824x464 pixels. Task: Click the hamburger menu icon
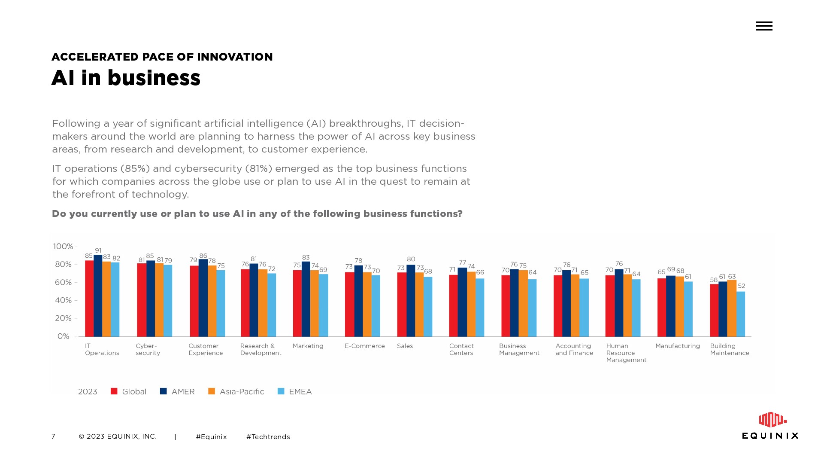764,26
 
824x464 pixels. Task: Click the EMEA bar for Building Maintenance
741,314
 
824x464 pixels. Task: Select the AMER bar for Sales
411,300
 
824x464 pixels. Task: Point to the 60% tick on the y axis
76,282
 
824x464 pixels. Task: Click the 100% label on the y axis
63,247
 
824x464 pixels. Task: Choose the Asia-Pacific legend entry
236,391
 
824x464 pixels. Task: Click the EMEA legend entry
295,391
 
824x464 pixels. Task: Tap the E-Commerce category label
364,346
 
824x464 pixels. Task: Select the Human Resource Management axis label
626,353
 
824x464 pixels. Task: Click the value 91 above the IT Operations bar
98,250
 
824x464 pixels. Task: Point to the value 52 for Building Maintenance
741,286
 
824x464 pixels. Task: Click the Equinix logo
770,426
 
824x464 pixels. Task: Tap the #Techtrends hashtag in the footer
268,437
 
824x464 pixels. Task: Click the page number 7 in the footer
53,437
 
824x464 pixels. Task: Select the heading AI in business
126,78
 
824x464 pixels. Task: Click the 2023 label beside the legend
88,391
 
